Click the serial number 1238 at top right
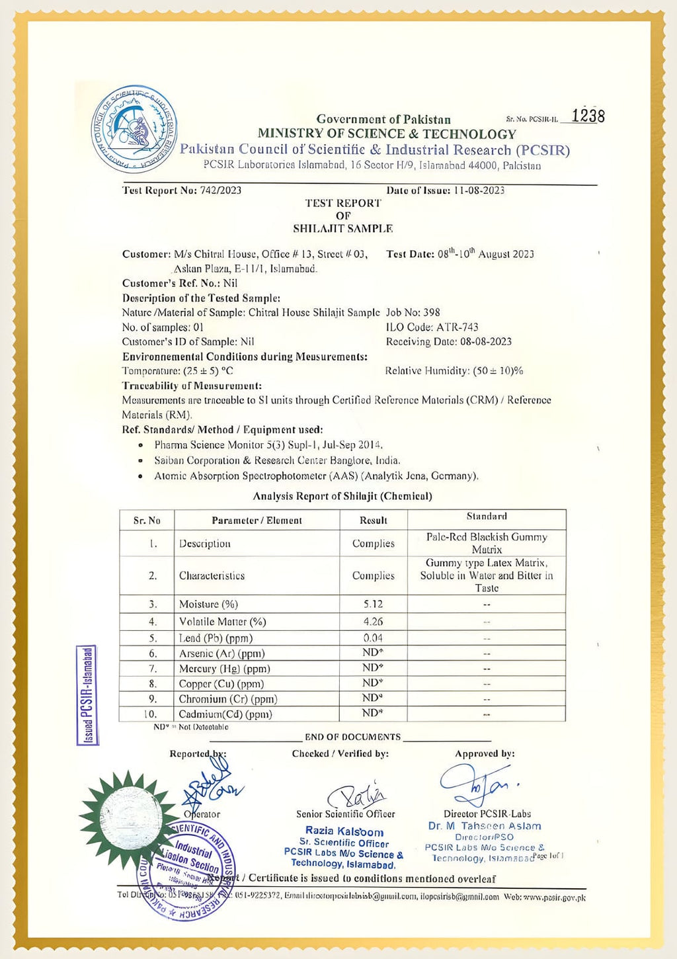pyautogui.click(x=587, y=116)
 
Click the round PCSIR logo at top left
pyautogui.click(x=134, y=129)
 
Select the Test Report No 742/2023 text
pyautogui.click(x=182, y=190)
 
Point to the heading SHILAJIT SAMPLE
pyautogui.click(x=342, y=229)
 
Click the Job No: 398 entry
pyautogui.click(x=413, y=312)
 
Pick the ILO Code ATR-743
pyautogui.click(x=432, y=327)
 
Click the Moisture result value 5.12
pyautogui.click(x=373, y=604)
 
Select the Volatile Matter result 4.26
pyautogui.click(x=373, y=622)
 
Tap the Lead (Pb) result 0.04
pyautogui.click(x=373, y=638)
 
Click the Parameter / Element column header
pyautogui.click(x=257, y=521)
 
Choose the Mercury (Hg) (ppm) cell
pyautogui.click(x=224, y=669)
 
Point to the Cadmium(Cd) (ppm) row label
pyautogui.click(x=225, y=714)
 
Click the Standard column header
pyautogui.click(x=487, y=517)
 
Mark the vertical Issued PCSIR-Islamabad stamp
pyautogui.click(x=87, y=695)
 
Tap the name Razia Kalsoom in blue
pyautogui.click(x=344, y=831)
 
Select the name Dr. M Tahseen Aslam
pyautogui.click(x=484, y=826)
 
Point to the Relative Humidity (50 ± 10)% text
pyautogui.click(x=454, y=371)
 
